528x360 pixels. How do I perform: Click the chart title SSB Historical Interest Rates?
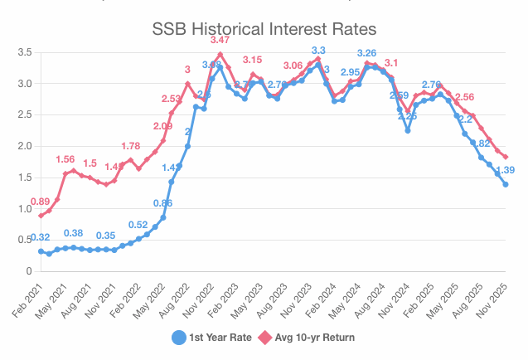tap(264, 28)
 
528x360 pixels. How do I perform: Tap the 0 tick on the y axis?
tap(28, 271)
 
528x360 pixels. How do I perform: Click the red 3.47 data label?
tap(220, 40)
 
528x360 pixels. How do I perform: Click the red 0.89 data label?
tap(40, 202)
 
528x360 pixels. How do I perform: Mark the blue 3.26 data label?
tap(367, 53)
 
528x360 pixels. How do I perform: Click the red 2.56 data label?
tap(464, 97)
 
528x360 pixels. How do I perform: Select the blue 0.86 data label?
tap(163, 203)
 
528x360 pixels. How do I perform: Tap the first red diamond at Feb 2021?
tap(41, 216)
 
